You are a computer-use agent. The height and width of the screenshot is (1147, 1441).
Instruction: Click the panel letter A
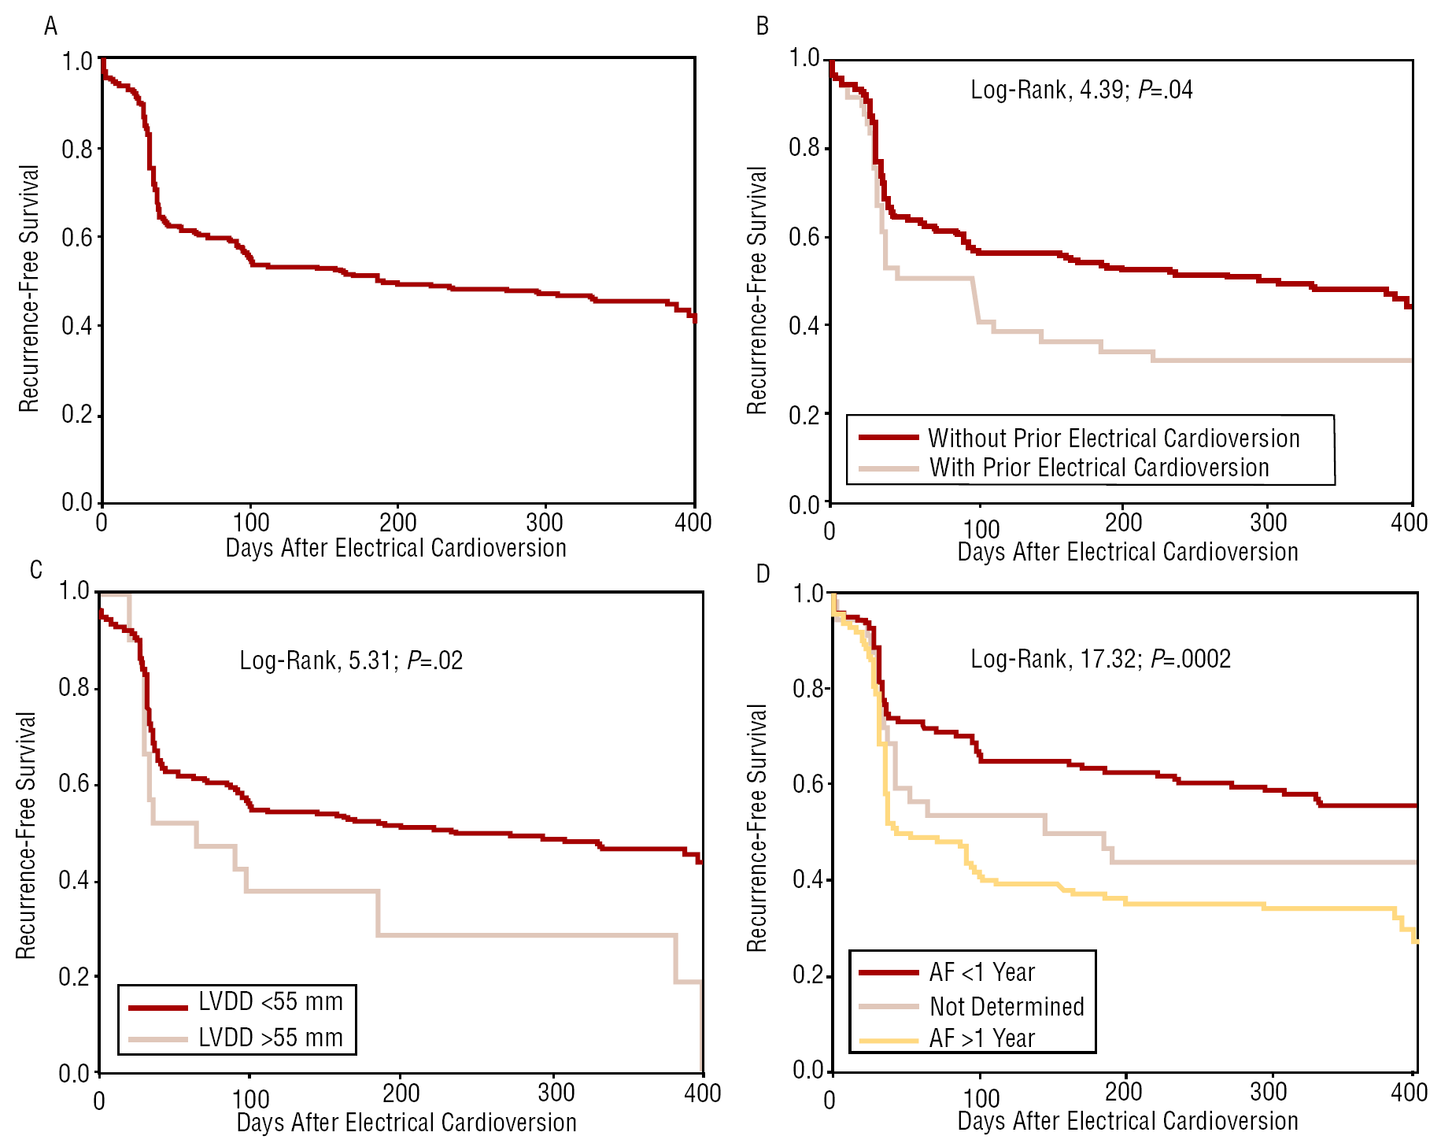[x=50, y=27]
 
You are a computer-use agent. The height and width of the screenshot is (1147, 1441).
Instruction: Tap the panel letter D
[x=762, y=574]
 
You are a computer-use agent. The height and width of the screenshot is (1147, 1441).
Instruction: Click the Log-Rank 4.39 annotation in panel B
[x=1081, y=90]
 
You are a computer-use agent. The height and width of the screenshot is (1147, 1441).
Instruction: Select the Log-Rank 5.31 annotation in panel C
[x=351, y=660]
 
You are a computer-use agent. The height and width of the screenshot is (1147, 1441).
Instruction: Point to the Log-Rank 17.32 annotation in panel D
[x=1100, y=658]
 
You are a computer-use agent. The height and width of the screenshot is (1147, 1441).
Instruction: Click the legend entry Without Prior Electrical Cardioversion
[x=1114, y=438]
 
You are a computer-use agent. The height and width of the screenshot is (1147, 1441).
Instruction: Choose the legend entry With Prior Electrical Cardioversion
[x=1099, y=468]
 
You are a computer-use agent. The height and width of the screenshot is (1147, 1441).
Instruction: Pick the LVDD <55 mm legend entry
[x=270, y=1001]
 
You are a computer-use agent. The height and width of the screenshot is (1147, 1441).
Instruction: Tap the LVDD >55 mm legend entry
[x=270, y=1038]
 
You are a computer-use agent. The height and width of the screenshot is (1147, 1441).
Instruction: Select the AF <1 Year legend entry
[x=981, y=972]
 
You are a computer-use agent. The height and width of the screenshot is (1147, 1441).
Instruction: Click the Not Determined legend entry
[x=1007, y=1006]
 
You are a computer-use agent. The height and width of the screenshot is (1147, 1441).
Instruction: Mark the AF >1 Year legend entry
[x=981, y=1038]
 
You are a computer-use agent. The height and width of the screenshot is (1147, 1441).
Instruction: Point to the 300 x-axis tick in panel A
[x=545, y=523]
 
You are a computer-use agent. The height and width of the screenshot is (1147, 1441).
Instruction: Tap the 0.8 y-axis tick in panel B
[x=804, y=148]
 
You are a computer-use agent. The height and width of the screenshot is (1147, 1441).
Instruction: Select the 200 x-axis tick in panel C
[x=401, y=1093]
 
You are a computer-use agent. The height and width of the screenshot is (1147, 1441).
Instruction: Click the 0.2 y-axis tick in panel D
[x=807, y=975]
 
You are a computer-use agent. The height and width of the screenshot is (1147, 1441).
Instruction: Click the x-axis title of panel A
[x=396, y=548]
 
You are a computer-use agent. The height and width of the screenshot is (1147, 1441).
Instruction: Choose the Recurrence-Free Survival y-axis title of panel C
[x=27, y=834]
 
